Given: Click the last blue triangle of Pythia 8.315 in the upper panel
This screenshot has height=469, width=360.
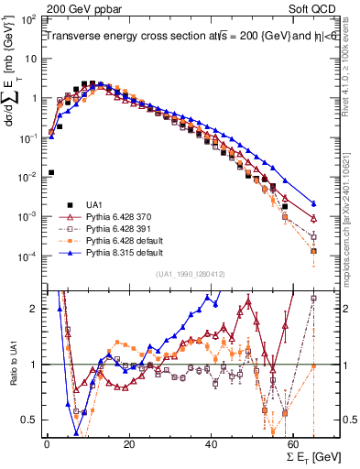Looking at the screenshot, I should (x=314, y=203).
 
